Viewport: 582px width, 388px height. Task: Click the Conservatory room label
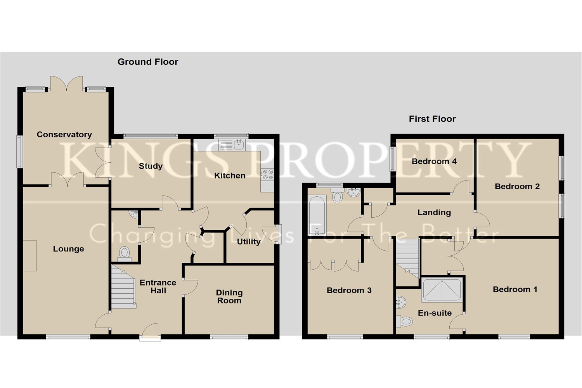point(64,135)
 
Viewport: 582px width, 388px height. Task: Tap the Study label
point(151,166)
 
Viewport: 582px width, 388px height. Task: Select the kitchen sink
point(232,145)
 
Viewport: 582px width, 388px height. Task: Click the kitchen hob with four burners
point(267,174)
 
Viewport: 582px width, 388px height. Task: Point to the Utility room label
point(249,242)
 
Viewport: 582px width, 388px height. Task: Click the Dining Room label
point(229,296)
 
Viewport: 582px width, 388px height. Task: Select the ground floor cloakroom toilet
point(125,253)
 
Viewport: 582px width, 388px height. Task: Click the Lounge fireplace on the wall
point(29,255)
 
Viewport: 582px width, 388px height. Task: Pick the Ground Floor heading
point(148,62)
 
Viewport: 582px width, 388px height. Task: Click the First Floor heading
point(432,119)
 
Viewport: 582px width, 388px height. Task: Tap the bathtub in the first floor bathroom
point(317,215)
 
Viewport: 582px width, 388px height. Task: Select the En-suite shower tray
point(442,289)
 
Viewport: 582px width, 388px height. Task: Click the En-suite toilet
point(405,321)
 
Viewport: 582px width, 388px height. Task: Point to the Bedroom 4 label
point(434,161)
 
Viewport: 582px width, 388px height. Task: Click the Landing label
point(434,212)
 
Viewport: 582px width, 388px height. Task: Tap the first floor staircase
point(408,258)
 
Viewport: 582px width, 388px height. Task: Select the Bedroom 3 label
point(349,290)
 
